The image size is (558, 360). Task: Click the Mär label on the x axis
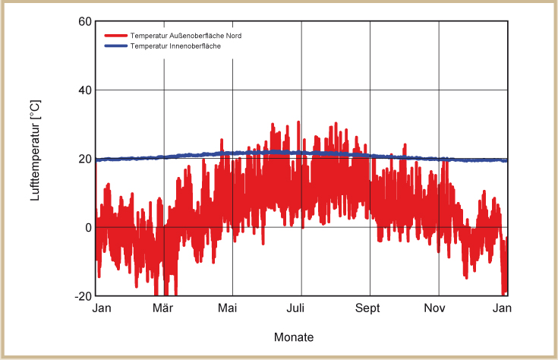[x=164, y=308]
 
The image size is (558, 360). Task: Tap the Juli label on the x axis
[x=301, y=308]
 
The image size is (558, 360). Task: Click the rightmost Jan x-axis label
[x=503, y=308]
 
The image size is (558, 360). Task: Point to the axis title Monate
[x=293, y=336]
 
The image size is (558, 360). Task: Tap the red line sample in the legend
[x=115, y=36]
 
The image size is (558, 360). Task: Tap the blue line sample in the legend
[x=115, y=46]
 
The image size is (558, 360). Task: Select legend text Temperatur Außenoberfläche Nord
[x=186, y=36]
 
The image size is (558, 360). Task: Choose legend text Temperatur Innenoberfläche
[x=175, y=46]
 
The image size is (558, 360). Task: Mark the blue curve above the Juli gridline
[x=301, y=153]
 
